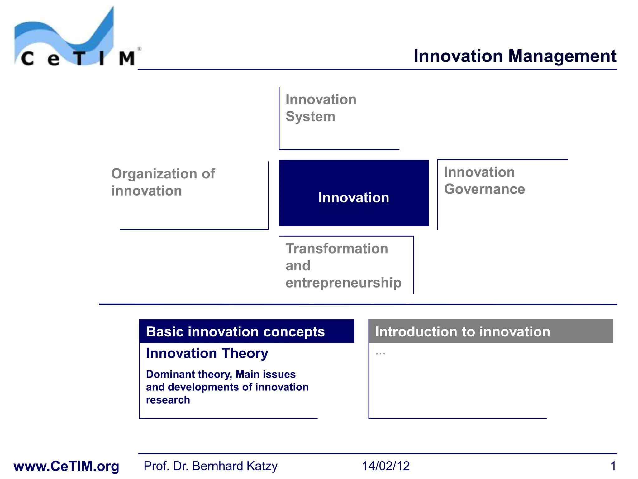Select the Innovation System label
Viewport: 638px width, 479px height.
tap(321, 108)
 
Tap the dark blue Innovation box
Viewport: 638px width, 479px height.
tap(354, 193)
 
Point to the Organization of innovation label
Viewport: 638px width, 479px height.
tap(163, 182)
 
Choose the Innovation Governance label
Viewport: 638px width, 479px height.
tap(484, 181)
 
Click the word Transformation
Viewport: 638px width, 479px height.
tap(337, 249)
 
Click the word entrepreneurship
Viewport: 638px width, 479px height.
tap(343, 283)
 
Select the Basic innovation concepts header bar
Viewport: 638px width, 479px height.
tap(246, 331)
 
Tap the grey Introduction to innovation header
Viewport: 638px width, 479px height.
tap(490, 331)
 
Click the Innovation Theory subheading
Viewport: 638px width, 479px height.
tap(207, 353)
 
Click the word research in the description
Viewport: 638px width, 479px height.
tap(168, 400)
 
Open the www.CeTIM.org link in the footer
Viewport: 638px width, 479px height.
tap(66, 466)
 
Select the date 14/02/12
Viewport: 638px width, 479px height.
tap(386, 466)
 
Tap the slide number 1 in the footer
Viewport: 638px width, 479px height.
tap(613, 466)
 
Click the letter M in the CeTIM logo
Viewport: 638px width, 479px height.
tap(126, 58)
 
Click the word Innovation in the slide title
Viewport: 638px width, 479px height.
tap(458, 56)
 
